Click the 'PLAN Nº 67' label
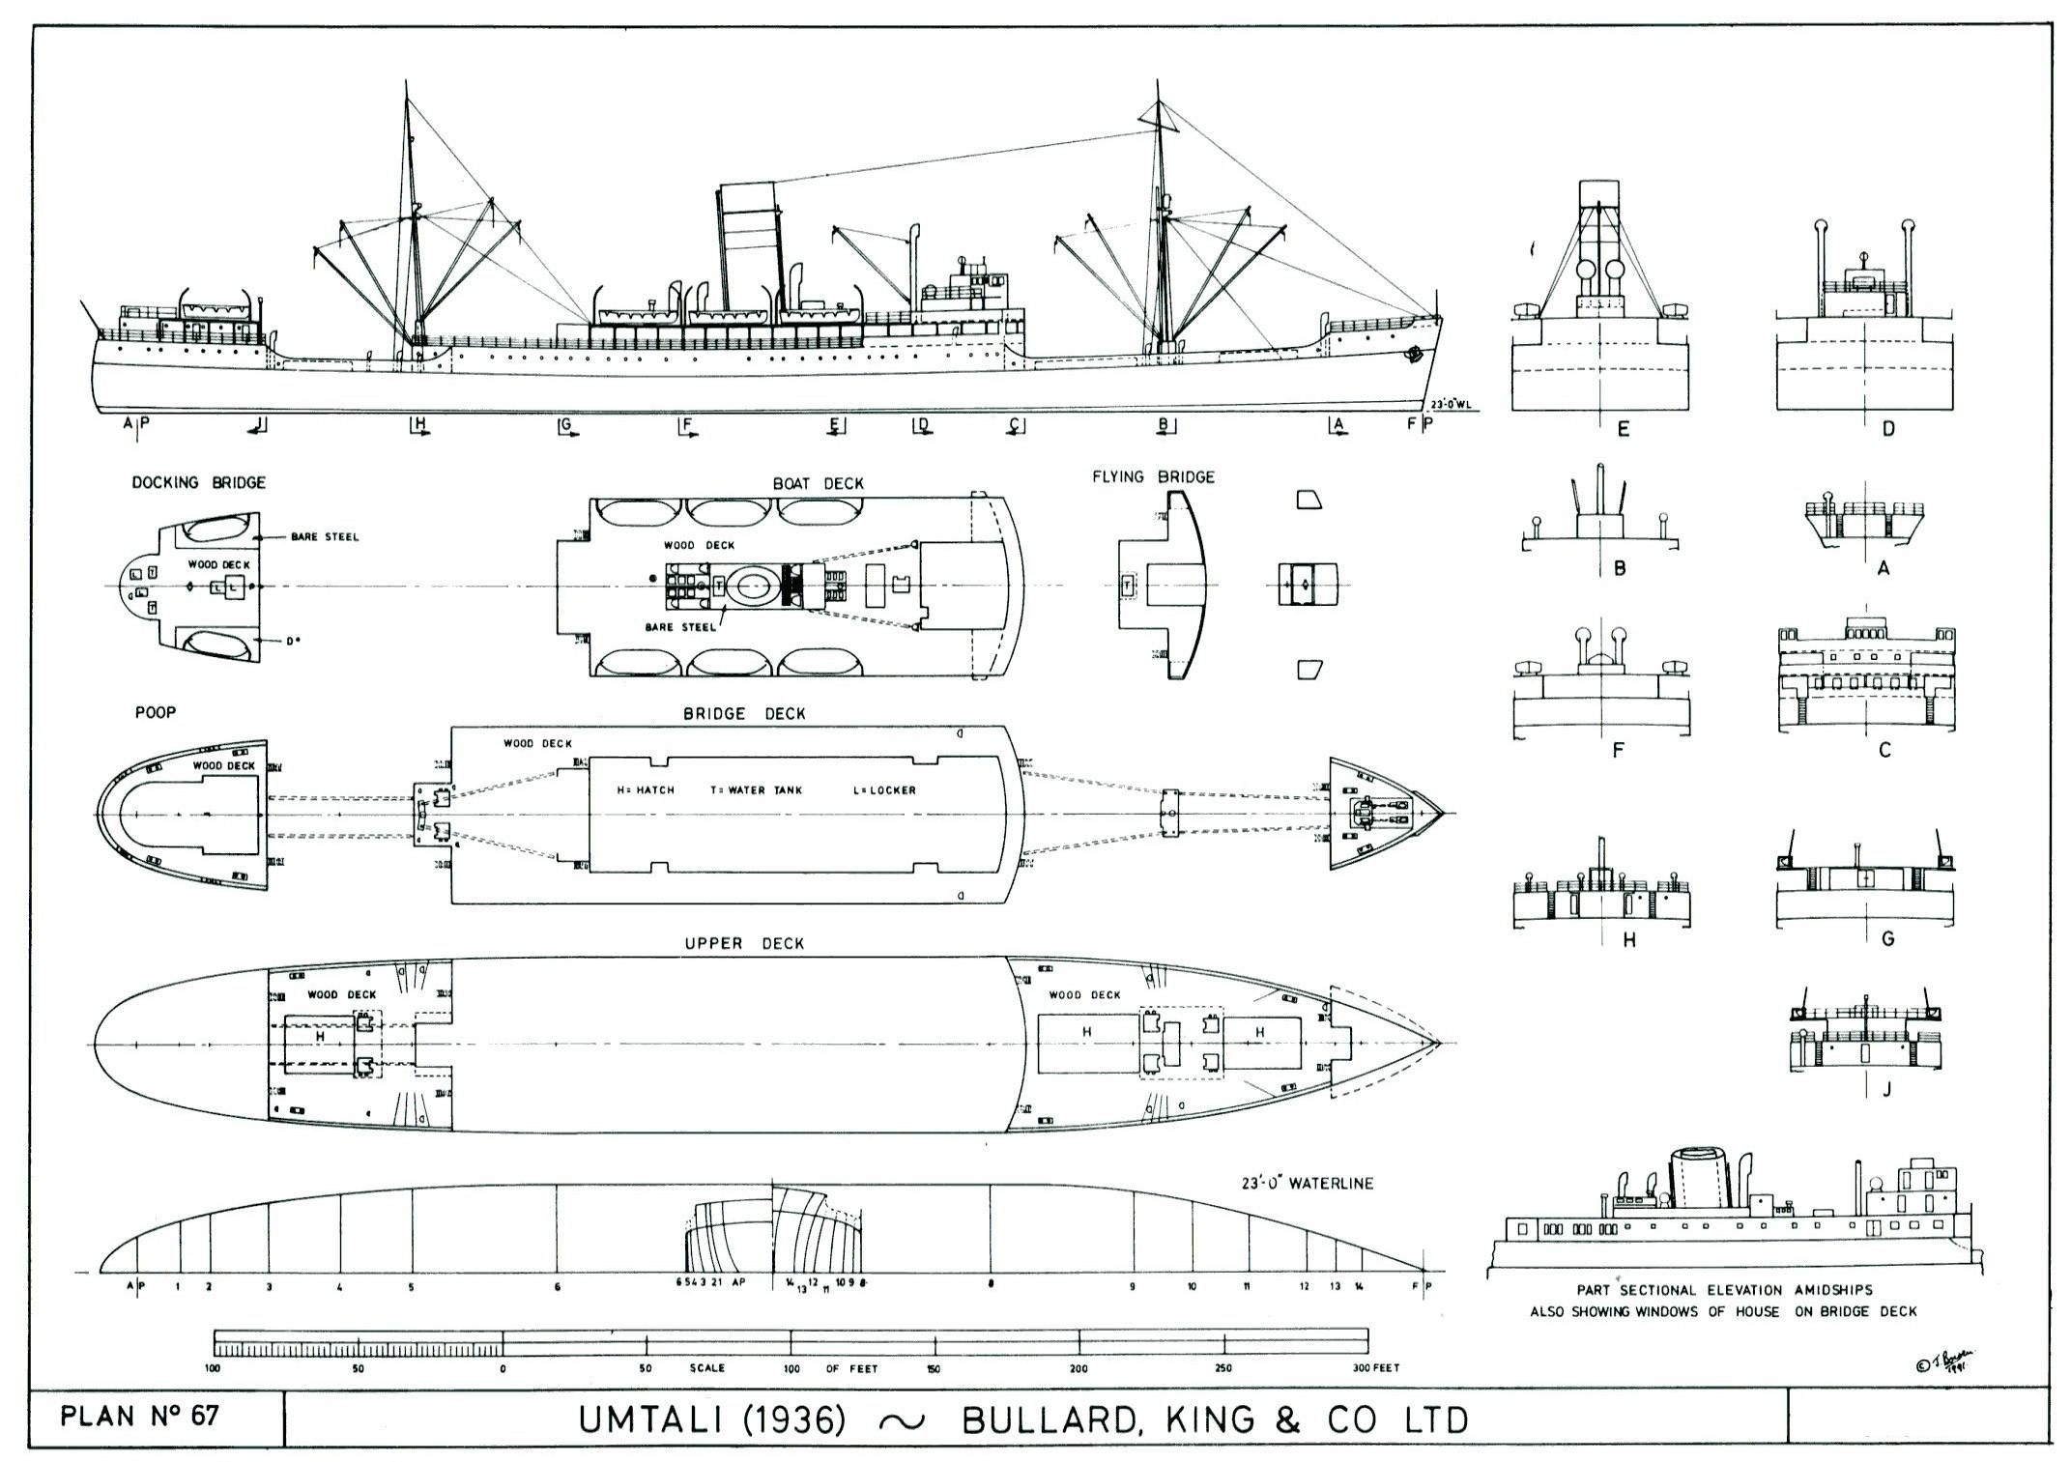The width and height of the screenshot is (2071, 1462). click(x=140, y=1417)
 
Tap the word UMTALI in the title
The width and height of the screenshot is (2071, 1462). click(x=642, y=1419)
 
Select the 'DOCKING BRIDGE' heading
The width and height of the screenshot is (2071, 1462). click(x=198, y=482)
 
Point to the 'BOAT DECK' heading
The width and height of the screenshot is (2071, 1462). click(x=818, y=483)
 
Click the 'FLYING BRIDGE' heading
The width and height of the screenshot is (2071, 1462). click(x=1153, y=476)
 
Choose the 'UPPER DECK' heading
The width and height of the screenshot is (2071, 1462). click(x=744, y=943)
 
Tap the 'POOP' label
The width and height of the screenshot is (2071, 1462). click(x=156, y=712)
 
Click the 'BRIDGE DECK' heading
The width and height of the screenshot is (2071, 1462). click(x=744, y=713)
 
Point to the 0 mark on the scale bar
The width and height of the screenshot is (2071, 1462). click(x=503, y=1368)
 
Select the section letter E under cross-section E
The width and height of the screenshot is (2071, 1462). click(x=1623, y=429)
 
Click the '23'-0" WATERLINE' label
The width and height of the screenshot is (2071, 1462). click(x=1308, y=1183)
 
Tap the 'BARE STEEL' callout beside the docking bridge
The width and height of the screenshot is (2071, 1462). click(x=325, y=536)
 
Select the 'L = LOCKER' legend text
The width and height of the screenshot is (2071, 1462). click(x=883, y=789)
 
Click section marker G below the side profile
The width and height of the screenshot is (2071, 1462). click(x=565, y=424)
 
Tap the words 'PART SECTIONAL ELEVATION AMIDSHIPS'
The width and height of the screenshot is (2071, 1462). click(x=1724, y=1290)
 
